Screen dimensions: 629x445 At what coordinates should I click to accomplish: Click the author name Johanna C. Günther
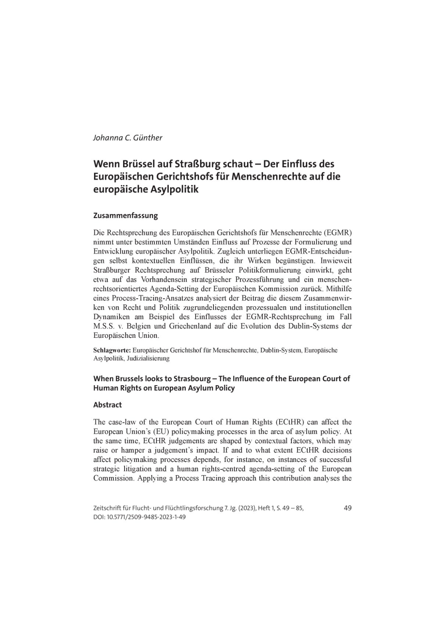[x=128, y=138]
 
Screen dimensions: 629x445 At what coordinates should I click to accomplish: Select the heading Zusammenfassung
[x=125, y=216]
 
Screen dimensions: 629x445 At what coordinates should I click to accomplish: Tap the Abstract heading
[x=107, y=405]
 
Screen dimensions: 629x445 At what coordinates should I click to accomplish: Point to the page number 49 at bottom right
[x=347, y=508]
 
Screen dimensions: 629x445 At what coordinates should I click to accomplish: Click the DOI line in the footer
[x=139, y=517]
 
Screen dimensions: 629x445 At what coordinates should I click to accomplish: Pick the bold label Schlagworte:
[x=112, y=350]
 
